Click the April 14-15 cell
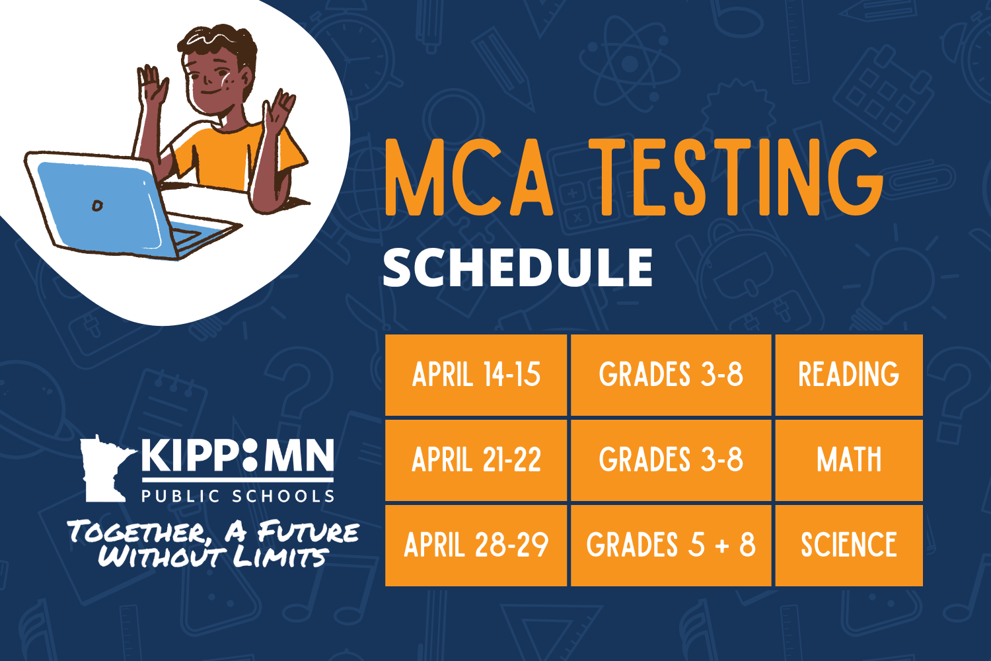476,375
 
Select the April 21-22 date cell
476,460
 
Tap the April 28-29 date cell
476,545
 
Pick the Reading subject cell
848,375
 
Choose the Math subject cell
848,460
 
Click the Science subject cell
848,545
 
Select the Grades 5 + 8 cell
671,545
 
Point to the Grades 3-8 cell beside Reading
671,375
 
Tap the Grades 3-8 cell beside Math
671,460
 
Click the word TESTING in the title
737,178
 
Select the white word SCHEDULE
517,268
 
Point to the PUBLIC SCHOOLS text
238,496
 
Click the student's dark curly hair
218,43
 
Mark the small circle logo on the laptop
97,206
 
